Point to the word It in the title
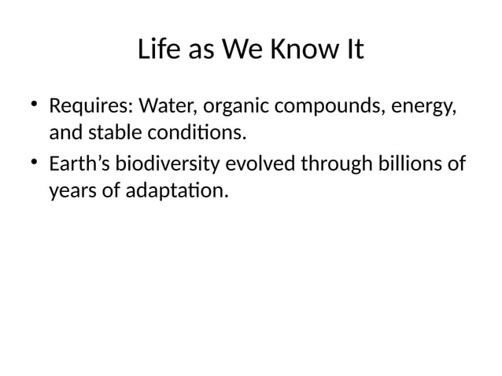[x=353, y=50]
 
